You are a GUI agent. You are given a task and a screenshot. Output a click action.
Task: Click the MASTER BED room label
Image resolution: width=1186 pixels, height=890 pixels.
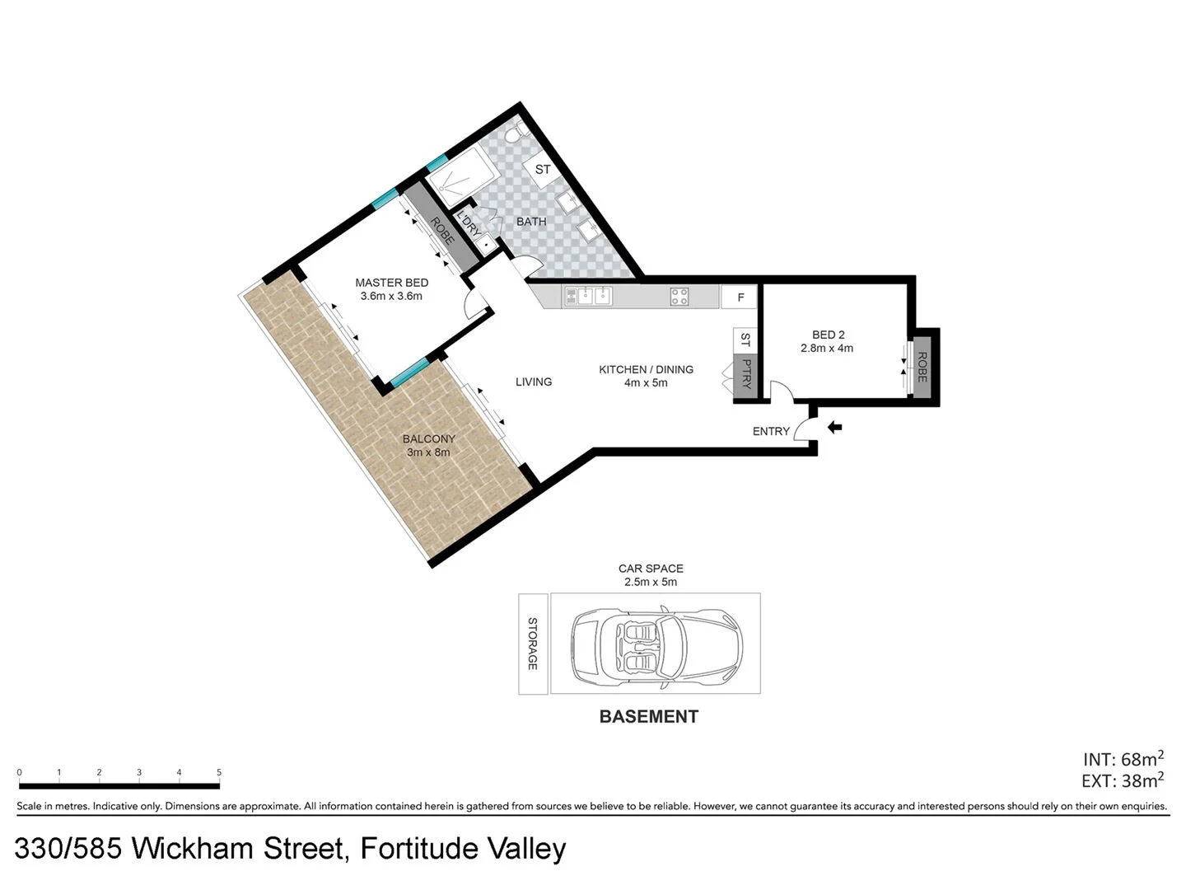point(391,283)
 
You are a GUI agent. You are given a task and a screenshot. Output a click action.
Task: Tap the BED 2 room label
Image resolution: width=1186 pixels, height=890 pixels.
point(828,335)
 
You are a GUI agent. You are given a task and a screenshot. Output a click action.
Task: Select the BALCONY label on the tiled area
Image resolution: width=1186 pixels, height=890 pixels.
point(428,439)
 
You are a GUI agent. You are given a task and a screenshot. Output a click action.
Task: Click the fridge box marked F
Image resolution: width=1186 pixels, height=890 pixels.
point(740,297)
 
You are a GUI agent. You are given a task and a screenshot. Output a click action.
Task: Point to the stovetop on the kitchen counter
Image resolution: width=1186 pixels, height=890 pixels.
point(679,297)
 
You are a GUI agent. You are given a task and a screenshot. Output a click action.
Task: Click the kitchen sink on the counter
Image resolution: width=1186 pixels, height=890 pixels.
point(588,296)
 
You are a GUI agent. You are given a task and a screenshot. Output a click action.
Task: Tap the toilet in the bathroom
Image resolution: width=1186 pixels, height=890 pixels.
point(514,131)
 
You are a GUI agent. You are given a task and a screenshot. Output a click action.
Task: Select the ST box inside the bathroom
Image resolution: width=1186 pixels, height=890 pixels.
point(543,171)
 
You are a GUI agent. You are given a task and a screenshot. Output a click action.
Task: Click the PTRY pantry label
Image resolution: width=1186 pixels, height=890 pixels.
point(746,373)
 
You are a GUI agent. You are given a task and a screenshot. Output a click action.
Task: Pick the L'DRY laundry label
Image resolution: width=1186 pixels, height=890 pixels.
point(468,224)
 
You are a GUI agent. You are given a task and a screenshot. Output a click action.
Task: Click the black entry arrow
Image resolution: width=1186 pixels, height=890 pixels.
point(834,427)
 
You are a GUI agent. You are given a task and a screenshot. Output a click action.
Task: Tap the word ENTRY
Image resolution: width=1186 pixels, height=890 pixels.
point(771,431)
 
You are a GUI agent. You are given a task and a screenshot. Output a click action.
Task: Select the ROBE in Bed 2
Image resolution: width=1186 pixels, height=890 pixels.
point(922,368)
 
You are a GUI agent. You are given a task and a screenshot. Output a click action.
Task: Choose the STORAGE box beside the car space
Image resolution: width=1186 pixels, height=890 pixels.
point(533,644)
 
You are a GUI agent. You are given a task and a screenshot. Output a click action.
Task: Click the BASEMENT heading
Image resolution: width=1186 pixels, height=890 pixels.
point(648,717)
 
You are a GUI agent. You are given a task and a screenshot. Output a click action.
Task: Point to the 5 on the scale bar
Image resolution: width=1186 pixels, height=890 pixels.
point(219,772)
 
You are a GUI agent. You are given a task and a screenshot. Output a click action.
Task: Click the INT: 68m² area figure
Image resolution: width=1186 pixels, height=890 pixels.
point(1123,759)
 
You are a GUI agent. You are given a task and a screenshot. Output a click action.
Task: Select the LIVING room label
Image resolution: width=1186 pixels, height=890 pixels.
point(534,382)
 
